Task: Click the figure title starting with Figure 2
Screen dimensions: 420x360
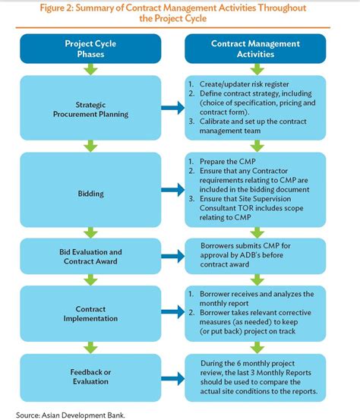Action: point(180,13)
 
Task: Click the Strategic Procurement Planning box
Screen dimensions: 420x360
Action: point(91,109)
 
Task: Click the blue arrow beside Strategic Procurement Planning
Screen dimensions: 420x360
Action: point(171,109)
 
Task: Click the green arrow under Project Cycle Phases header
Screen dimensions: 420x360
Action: point(91,70)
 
